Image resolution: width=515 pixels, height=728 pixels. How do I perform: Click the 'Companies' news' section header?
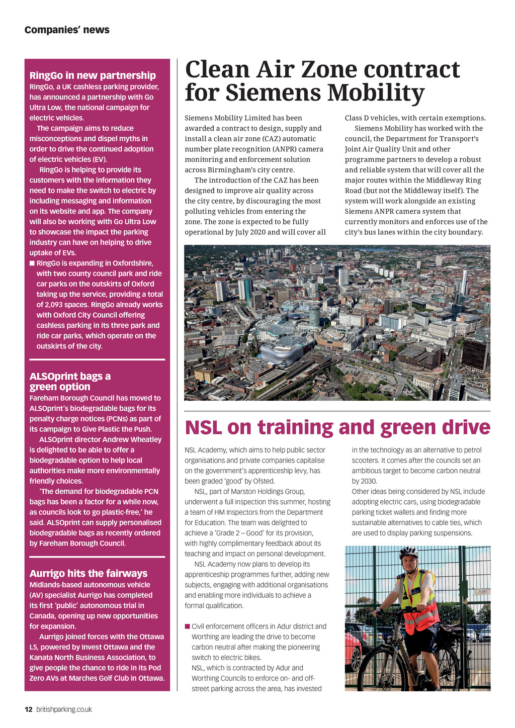click(x=67, y=30)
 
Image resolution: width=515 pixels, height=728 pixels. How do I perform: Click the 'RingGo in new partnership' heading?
click(x=93, y=75)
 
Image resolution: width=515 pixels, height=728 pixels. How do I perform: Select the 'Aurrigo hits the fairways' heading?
click(x=89, y=574)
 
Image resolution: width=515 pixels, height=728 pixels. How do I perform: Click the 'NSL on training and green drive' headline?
click(x=337, y=427)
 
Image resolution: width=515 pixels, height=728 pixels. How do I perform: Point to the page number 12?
click(x=29, y=709)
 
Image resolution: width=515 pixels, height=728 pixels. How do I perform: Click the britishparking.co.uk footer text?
click(x=64, y=709)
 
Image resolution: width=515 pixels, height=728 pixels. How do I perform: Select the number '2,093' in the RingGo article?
click(x=56, y=305)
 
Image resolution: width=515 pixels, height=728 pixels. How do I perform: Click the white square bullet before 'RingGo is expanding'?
click(x=32, y=263)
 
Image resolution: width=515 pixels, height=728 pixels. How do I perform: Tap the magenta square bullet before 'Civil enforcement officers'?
click(x=187, y=626)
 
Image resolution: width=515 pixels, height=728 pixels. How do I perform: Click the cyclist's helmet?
click(x=408, y=552)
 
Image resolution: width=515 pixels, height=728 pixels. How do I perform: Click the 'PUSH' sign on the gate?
click(x=482, y=592)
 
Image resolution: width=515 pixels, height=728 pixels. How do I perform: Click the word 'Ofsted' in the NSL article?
click(x=264, y=481)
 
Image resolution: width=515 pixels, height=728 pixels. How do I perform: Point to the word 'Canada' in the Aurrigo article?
click(x=42, y=616)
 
